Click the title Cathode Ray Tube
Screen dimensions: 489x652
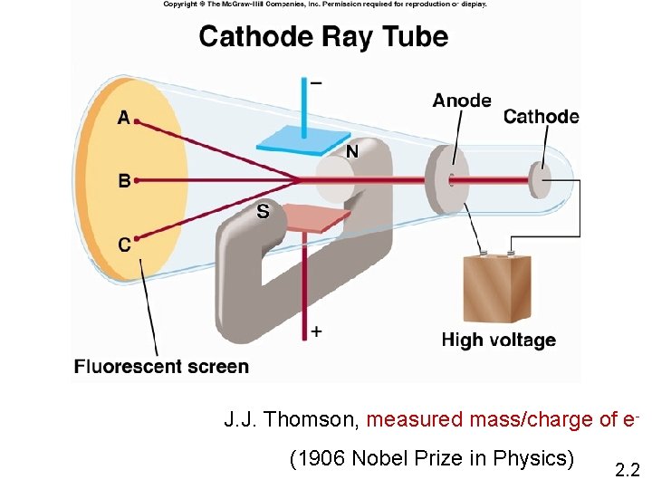coord(323,37)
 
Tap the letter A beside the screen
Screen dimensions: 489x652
coord(124,118)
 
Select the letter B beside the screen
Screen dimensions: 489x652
coord(124,180)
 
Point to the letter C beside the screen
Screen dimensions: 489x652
coord(124,244)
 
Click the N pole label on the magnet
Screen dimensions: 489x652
coord(350,152)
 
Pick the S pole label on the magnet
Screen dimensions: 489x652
coord(263,212)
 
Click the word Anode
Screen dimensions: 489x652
coord(462,101)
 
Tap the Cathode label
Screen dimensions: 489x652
coord(541,116)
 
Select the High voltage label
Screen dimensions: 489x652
coord(498,340)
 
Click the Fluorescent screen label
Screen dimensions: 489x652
coord(161,367)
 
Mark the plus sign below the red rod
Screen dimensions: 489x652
coord(316,331)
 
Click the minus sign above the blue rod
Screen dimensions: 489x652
coord(315,82)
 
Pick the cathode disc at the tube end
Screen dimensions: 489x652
coord(541,179)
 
